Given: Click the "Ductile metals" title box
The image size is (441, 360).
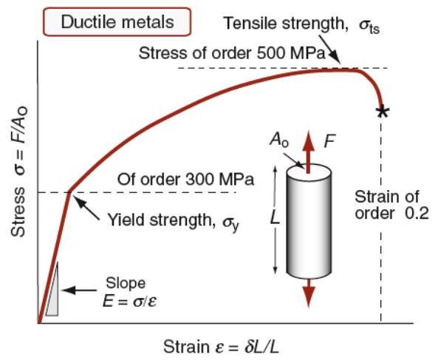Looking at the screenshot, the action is tap(117, 22).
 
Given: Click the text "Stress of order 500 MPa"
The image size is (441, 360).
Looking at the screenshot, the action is tap(232, 53).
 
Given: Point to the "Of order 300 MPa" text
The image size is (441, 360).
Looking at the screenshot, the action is tap(185, 179).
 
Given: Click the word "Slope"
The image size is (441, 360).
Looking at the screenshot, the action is tap(126, 283).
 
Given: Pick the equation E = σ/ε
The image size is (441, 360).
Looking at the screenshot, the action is tap(130, 302).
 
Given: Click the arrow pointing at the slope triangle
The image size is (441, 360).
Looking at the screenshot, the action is tap(79, 291).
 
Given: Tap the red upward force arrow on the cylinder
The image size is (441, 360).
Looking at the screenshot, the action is tap(309, 152).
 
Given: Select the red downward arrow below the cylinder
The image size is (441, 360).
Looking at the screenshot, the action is tap(309, 293).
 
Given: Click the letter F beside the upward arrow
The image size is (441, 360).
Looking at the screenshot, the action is tap(329, 141).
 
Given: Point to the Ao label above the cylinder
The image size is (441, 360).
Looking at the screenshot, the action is tap(279, 140).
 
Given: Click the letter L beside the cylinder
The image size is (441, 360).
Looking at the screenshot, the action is tap(275, 217).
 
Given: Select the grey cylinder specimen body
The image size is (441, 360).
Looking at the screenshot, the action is tap(309, 221).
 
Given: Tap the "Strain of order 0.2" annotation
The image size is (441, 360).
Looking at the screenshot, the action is tap(392, 205).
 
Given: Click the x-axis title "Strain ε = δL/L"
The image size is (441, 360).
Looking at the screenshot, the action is tap(222, 347).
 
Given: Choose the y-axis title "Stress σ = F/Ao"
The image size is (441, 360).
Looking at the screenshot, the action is tap(18, 171).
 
